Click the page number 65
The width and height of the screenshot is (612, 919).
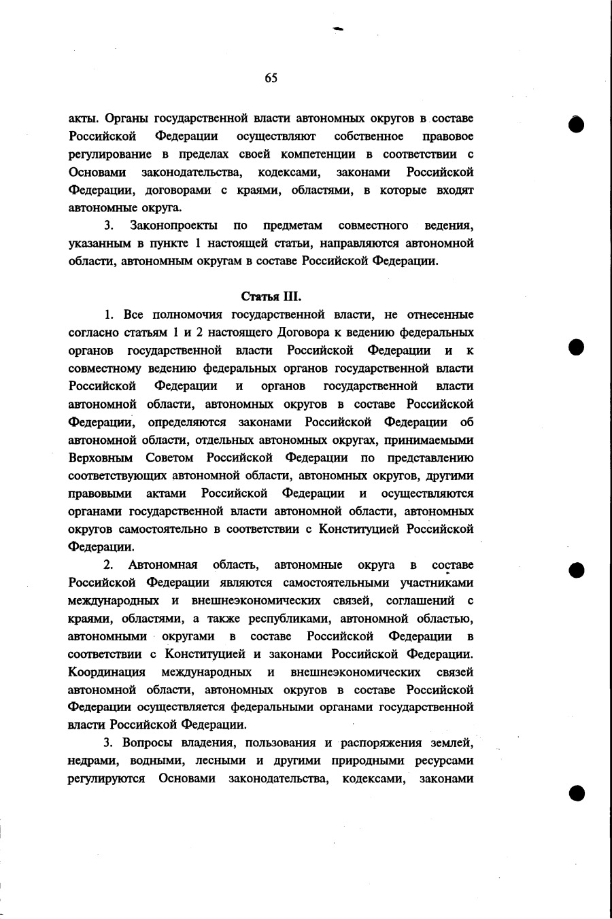click(x=271, y=78)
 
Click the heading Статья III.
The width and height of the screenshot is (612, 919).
click(x=271, y=296)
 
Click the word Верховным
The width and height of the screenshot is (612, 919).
click(x=100, y=457)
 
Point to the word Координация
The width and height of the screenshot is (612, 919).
click(x=107, y=672)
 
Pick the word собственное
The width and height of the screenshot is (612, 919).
click(x=369, y=137)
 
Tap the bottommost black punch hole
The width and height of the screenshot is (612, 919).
click(x=577, y=793)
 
